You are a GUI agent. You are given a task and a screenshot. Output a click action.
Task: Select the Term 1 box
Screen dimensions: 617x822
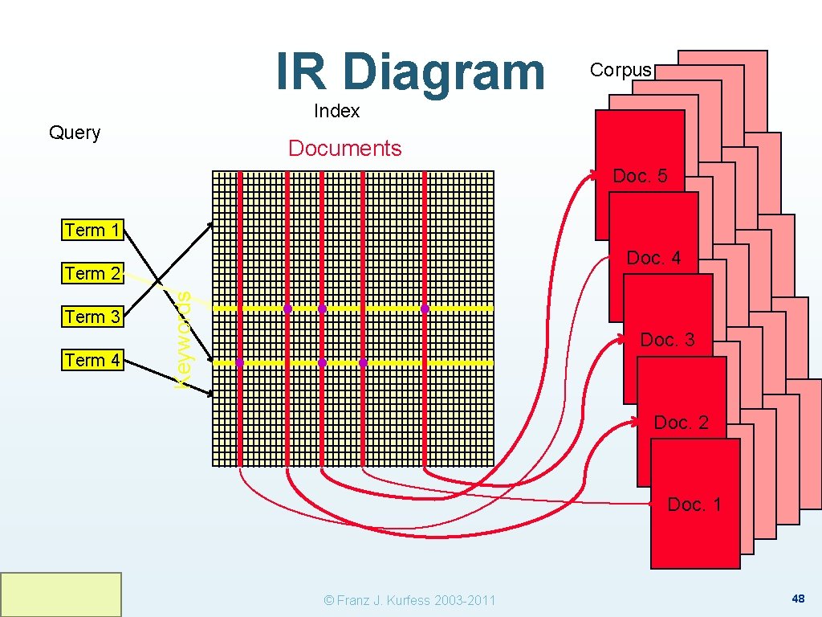[x=93, y=230]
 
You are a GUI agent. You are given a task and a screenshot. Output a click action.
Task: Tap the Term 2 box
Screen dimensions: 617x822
[x=93, y=273]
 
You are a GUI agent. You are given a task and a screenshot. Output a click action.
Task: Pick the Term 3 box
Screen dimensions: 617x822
[x=93, y=317]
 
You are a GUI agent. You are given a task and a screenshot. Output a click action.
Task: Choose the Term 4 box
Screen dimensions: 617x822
[x=93, y=360]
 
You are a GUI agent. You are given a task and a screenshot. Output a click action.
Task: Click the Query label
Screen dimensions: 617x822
[x=75, y=133]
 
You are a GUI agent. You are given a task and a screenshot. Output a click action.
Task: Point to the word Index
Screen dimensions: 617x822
[x=337, y=111]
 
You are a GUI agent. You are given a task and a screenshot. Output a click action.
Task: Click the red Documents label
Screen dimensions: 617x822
[x=344, y=149]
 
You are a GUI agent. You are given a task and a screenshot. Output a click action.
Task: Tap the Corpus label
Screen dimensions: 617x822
[x=621, y=70]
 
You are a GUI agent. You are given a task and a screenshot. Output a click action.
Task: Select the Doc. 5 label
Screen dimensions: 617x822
[x=640, y=176]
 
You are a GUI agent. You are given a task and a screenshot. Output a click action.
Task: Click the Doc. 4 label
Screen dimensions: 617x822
[x=653, y=258]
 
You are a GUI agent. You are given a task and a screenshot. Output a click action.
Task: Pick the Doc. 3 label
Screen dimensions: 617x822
[x=667, y=340]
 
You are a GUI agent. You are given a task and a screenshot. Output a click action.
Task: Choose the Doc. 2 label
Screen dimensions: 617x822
[x=681, y=423]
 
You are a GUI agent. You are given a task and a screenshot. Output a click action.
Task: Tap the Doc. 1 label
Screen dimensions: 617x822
[x=694, y=505]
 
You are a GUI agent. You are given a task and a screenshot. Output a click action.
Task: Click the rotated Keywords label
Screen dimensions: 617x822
[x=183, y=341]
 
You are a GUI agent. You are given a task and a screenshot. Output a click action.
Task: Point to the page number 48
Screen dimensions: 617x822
[x=798, y=599]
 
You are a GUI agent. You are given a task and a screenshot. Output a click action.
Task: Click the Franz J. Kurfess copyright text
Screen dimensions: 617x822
[x=409, y=600]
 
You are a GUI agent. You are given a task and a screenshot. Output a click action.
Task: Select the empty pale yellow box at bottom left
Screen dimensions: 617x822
[x=61, y=595]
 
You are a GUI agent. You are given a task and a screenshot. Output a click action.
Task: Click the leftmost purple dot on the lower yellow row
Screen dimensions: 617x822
[x=240, y=363]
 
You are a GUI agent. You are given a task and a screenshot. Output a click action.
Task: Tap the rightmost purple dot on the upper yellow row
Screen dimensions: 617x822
[x=425, y=308]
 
